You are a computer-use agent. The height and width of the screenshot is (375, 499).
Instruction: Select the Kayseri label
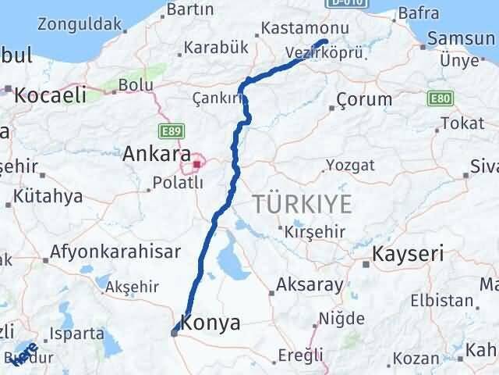pos(408,254)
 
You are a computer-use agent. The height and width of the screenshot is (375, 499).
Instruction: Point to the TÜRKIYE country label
pos(301,205)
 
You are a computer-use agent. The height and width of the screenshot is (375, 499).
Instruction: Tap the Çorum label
pos(365,100)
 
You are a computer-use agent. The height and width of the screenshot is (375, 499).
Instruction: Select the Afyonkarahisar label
pos(115,252)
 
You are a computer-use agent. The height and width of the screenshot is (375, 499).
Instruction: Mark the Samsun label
pos(466,38)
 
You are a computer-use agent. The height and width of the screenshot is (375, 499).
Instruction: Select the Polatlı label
pos(175,183)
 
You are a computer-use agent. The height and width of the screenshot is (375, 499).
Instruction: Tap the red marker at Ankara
pos(197,164)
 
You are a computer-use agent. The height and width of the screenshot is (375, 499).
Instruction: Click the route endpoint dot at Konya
pos(175,332)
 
